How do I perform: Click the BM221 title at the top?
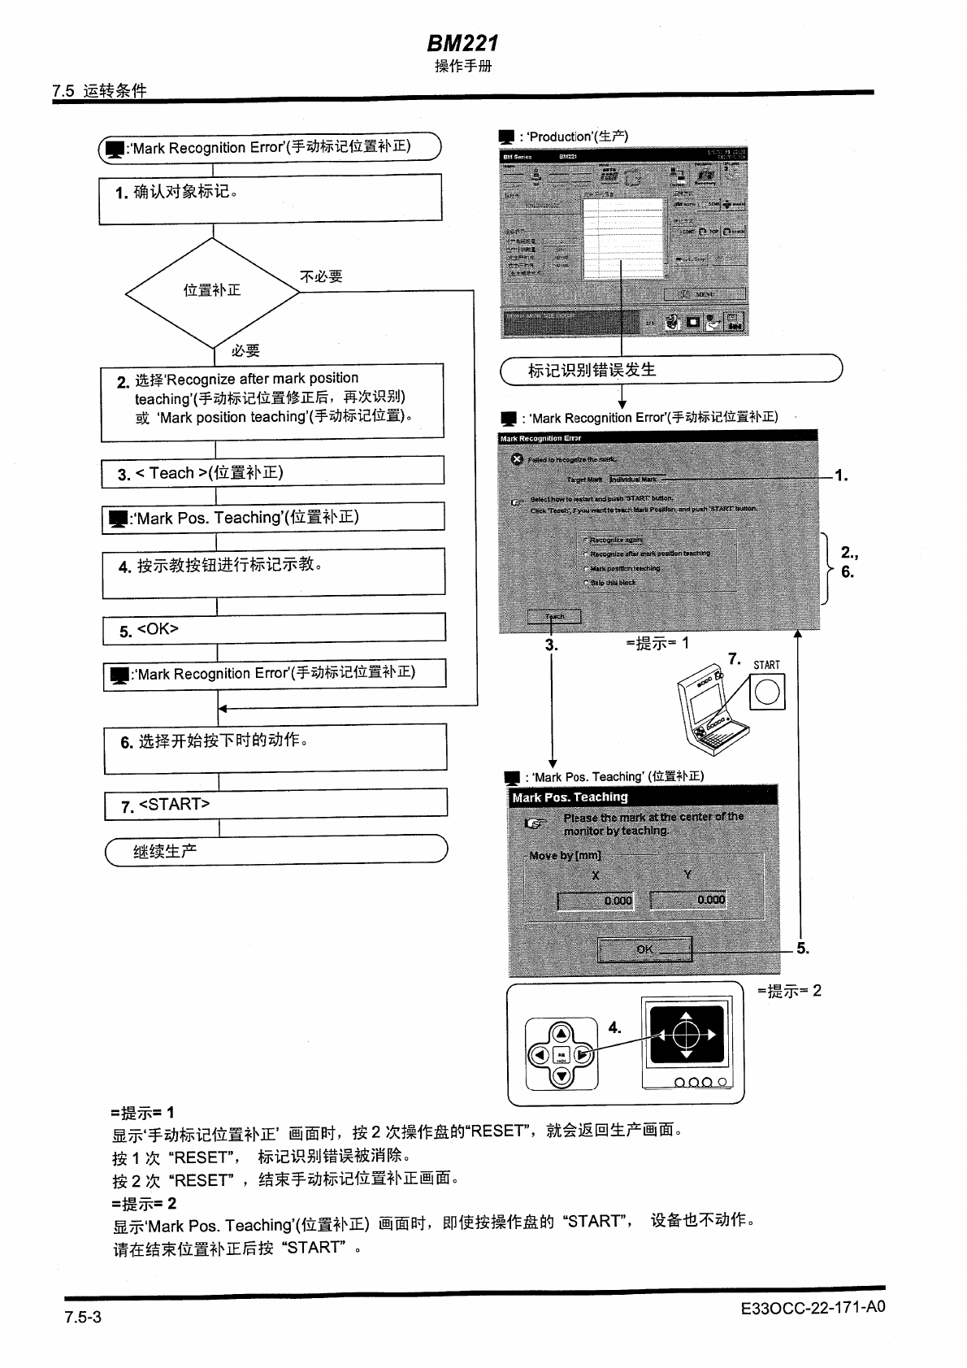462,43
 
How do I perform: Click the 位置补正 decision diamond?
212,290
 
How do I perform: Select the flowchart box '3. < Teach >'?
272,473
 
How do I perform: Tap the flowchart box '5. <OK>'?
274,629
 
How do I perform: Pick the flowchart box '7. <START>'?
275,804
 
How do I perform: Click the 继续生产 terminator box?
276,851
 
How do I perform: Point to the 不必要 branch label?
321,277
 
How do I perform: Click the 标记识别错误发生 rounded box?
670,370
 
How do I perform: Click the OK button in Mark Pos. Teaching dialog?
644,949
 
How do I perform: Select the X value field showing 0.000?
596,900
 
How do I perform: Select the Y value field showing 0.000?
689,900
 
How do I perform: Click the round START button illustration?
767,693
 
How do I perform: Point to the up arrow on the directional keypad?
562,1035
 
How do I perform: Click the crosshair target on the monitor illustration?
687,1035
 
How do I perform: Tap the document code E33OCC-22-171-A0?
813,1307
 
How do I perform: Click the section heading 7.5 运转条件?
99,91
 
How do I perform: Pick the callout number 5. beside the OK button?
803,949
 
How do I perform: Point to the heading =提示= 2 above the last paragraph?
143,1203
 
